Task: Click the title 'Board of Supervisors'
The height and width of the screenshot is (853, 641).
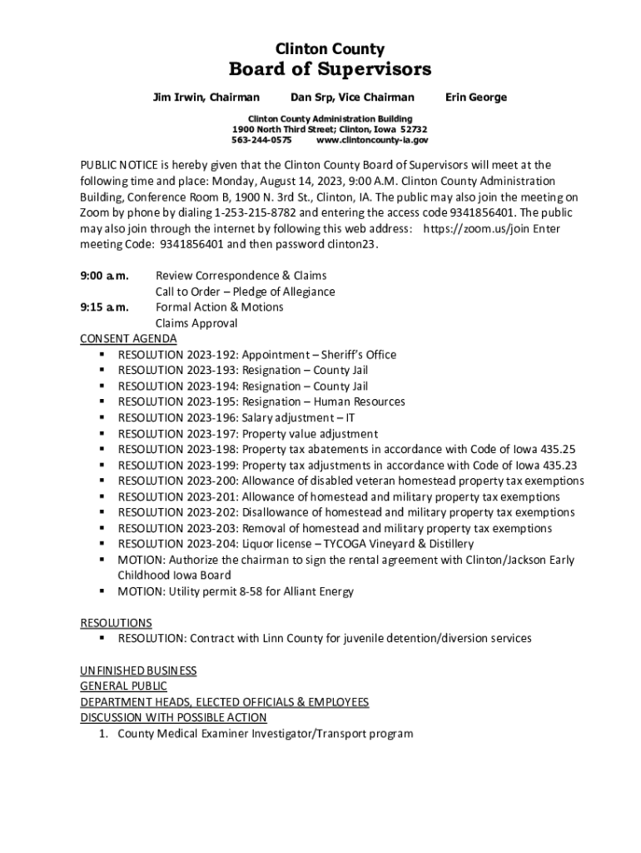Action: pyautogui.click(x=330, y=69)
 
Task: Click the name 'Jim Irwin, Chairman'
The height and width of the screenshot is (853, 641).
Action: pyautogui.click(x=206, y=97)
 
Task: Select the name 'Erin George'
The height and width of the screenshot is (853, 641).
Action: pyautogui.click(x=476, y=97)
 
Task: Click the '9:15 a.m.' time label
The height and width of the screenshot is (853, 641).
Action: pyautogui.click(x=104, y=307)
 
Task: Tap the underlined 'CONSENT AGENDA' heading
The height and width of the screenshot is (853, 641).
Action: pyautogui.click(x=128, y=338)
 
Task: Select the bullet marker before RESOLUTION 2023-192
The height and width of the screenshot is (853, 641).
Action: pyautogui.click(x=101, y=355)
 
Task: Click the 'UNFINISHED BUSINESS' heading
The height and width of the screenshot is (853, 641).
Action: pyautogui.click(x=138, y=670)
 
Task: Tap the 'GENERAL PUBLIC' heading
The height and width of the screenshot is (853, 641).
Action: pyautogui.click(x=123, y=686)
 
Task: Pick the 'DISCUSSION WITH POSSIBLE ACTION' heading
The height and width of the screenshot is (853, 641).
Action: pyautogui.click(x=173, y=717)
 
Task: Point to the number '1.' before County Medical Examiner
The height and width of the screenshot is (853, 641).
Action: pyautogui.click(x=104, y=734)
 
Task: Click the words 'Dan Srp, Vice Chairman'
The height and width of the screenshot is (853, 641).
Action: pyautogui.click(x=352, y=97)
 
